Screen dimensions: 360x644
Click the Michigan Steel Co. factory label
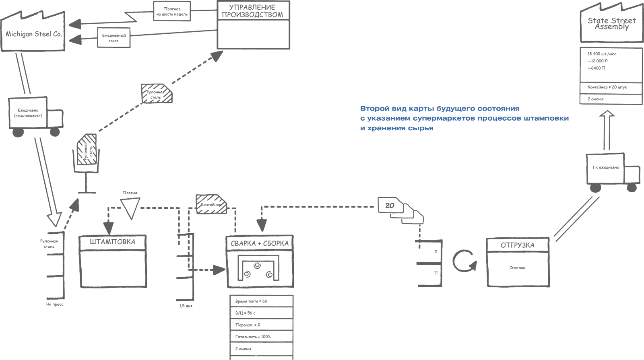click(x=33, y=34)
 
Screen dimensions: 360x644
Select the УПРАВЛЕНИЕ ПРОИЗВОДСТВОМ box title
click(x=252, y=11)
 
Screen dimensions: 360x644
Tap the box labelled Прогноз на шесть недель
click(x=172, y=11)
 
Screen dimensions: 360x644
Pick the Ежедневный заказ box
click(x=114, y=38)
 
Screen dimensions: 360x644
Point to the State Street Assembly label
click(x=611, y=23)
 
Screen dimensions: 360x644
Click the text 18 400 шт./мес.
click(x=602, y=54)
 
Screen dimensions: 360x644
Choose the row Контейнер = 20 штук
click(x=607, y=87)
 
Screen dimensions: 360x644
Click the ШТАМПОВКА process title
click(x=112, y=242)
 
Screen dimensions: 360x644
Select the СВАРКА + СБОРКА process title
click(x=259, y=243)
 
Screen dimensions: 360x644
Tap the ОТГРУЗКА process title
click(x=517, y=245)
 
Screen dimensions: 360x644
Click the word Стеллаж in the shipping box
click(x=517, y=268)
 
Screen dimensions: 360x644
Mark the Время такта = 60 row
click(x=251, y=301)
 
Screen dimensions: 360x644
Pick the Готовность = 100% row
click(x=253, y=337)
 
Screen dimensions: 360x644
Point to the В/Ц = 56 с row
click(x=245, y=313)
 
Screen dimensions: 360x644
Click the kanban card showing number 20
click(x=389, y=206)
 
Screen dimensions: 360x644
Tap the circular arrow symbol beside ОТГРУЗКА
click(x=464, y=261)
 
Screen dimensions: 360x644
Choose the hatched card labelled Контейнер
click(x=211, y=204)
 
